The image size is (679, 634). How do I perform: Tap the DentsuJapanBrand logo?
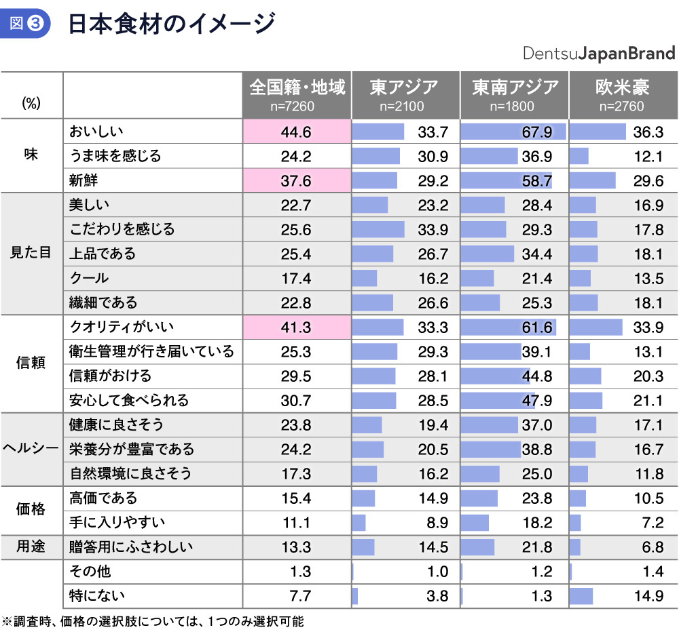coord(599,54)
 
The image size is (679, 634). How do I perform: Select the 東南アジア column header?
coord(515,94)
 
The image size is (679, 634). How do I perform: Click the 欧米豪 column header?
coord(623,94)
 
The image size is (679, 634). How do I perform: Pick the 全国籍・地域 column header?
coord(297,94)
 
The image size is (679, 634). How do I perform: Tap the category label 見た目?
coord(31,254)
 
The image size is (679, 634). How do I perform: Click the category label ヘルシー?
coord(31,449)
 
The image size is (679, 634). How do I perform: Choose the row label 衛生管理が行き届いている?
coord(151,351)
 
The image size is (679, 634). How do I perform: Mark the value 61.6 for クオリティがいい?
coord(536,328)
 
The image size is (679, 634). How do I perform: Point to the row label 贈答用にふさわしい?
coord(131,547)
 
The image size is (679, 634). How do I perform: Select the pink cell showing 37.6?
coord(297,180)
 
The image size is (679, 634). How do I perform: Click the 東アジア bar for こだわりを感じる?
coord(378,229)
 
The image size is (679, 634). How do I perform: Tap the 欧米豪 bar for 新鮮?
coord(592,180)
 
